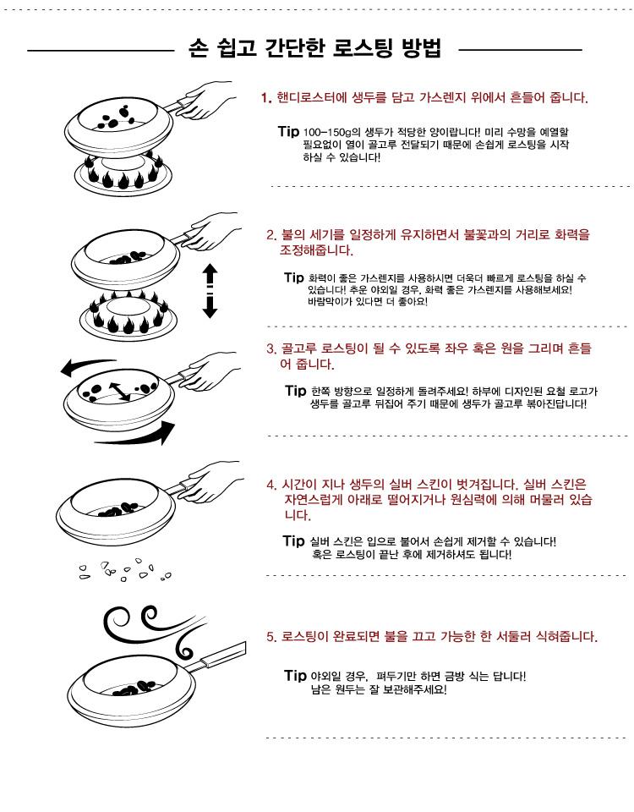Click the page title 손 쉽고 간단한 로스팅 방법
pos(314,48)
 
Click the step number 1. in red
pos(266,98)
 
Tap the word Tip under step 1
pos(288,132)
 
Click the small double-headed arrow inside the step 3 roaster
pos(119,392)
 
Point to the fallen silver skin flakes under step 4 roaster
pos(124,570)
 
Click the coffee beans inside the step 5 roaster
pos(133,687)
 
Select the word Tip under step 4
pos(293,540)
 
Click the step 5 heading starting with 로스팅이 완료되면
pos(432,636)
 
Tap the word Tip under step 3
pos(296,391)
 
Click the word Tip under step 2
pos(294,277)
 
